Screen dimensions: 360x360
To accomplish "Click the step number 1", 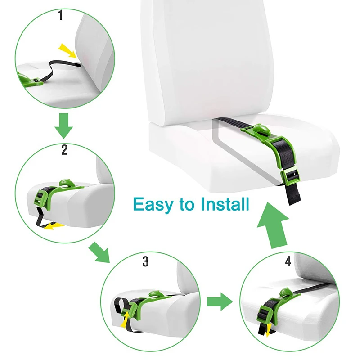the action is pos(60,15).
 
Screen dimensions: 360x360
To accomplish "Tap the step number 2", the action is pos(64,150).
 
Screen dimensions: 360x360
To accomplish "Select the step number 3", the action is pos(145,261).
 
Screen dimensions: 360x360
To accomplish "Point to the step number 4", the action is pos(288,261).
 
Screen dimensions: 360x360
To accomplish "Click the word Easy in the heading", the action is pos(153,205).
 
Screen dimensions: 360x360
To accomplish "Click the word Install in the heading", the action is pos(225,204).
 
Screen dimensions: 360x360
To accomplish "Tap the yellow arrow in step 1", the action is pos(67,50).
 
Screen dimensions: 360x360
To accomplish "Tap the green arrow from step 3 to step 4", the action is pos(220,301).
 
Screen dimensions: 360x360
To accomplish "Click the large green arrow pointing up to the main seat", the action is pos(273,225).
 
